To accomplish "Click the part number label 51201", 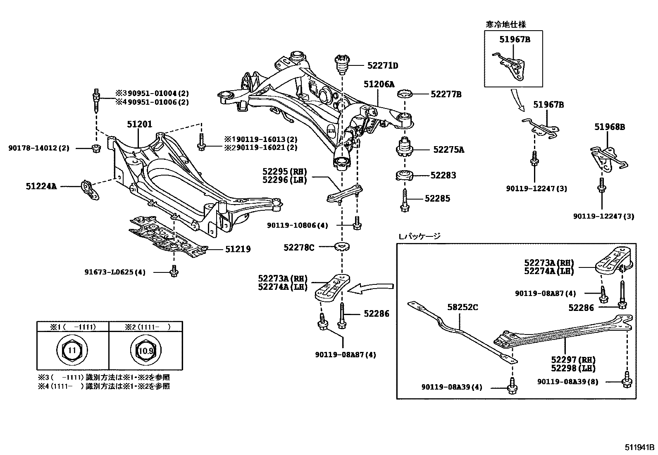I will point(139,124).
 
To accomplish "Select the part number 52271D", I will point(383,65).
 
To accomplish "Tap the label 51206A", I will point(379,84).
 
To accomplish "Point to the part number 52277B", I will point(446,94).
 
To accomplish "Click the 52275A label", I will point(448,149).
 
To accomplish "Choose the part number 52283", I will point(443,175).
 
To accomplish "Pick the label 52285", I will point(437,198).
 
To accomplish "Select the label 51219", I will point(238,249).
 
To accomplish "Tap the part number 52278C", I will point(299,248).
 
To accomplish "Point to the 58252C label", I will point(463,307).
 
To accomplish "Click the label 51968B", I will point(610,127).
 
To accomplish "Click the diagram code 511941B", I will point(639,448).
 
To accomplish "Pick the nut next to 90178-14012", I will point(95,148).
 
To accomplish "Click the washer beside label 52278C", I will point(342,247).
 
